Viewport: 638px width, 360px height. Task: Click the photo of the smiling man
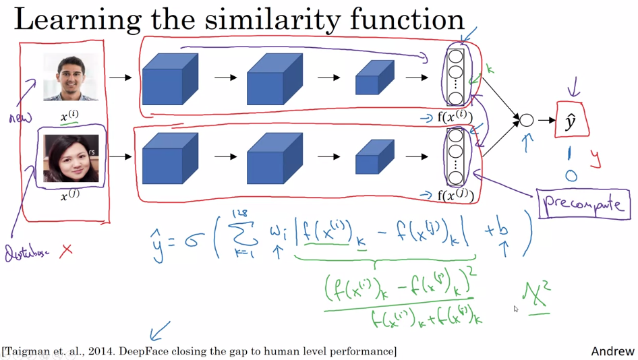(70, 77)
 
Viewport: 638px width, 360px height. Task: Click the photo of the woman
(71, 158)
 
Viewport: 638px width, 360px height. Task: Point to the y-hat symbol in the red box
(571, 121)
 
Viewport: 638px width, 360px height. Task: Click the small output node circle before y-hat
(526, 121)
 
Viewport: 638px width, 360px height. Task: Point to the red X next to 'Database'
(66, 251)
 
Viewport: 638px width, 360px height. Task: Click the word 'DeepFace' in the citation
(146, 351)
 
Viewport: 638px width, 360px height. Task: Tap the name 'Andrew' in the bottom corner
(612, 351)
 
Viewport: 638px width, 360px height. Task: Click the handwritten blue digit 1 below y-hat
(571, 153)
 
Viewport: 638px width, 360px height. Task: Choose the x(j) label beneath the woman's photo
(69, 196)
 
